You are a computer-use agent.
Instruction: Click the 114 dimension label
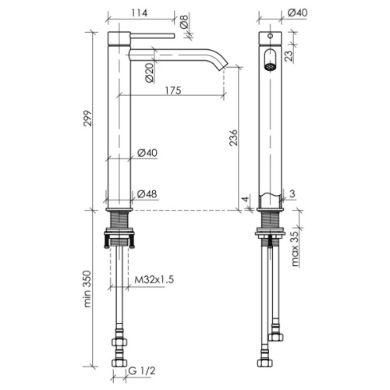[140, 12]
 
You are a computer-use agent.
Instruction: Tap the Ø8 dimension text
[184, 22]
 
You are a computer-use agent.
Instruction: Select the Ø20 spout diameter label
[150, 73]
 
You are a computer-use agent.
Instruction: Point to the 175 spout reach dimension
[173, 90]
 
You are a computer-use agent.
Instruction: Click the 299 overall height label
[87, 119]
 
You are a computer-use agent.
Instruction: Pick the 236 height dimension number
[233, 137]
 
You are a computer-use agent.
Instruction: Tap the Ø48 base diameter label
[147, 194]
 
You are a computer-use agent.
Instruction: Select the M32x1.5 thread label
[154, 280]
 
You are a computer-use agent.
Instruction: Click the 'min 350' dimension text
[87, 289]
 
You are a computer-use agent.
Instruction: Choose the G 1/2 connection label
[142, 370]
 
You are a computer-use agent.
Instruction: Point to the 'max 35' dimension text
[295, 249]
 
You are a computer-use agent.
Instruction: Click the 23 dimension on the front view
[289, 55]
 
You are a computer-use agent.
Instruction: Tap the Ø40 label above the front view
[297, 12]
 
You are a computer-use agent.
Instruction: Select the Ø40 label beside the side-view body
[147, 153]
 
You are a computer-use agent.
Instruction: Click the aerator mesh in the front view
[270, 66]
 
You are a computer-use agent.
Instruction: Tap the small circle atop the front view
[271, 36]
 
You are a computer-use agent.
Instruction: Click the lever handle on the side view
[152, 36]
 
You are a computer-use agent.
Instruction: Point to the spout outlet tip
[225, 66]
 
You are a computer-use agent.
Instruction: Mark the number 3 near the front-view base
[292, 193]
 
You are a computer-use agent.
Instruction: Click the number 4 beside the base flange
[245, 200]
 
